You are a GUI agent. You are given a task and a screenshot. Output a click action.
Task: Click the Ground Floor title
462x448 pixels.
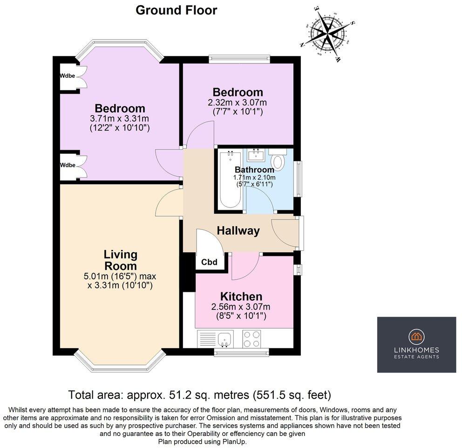click(x=176, y=10)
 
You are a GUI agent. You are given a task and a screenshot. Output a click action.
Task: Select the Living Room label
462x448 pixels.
click(x=120, y=260)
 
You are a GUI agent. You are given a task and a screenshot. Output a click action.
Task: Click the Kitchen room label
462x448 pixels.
click(x=241, y=296)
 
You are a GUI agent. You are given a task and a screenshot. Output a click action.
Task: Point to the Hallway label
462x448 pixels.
click(x=238, y=230)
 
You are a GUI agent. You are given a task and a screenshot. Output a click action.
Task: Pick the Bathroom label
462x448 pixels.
click(x=254, y=170)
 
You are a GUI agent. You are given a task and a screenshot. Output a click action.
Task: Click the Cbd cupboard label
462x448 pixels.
click(x=209, y=262)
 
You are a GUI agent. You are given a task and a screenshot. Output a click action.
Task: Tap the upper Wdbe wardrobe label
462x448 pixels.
click(x=68, y=76)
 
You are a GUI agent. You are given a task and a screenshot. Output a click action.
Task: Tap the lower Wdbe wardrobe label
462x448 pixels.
click(x=68, y=165)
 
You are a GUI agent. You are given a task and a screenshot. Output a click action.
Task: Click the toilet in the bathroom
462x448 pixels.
click(x=279, y=162)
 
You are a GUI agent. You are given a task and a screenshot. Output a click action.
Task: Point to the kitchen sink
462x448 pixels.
click(x=225, y=339)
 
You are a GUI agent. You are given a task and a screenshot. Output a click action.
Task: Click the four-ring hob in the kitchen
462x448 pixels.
click(x=252, y=339)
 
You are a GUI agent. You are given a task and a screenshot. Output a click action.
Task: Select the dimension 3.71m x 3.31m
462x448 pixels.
click(x=121, y=118)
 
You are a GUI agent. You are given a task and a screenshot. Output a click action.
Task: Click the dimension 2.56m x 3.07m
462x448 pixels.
click(x=241, y=307)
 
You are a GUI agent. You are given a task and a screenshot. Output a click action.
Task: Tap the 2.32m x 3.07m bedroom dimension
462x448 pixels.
click(x=238, y=102)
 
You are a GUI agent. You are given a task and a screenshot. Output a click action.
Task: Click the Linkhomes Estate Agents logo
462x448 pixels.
click(x=416, y=345)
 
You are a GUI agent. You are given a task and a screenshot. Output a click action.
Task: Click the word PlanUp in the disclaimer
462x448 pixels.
click(x=233, y=441)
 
